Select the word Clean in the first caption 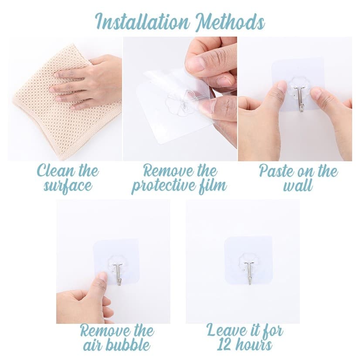55,171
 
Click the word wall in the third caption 298,186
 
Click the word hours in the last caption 255,346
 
